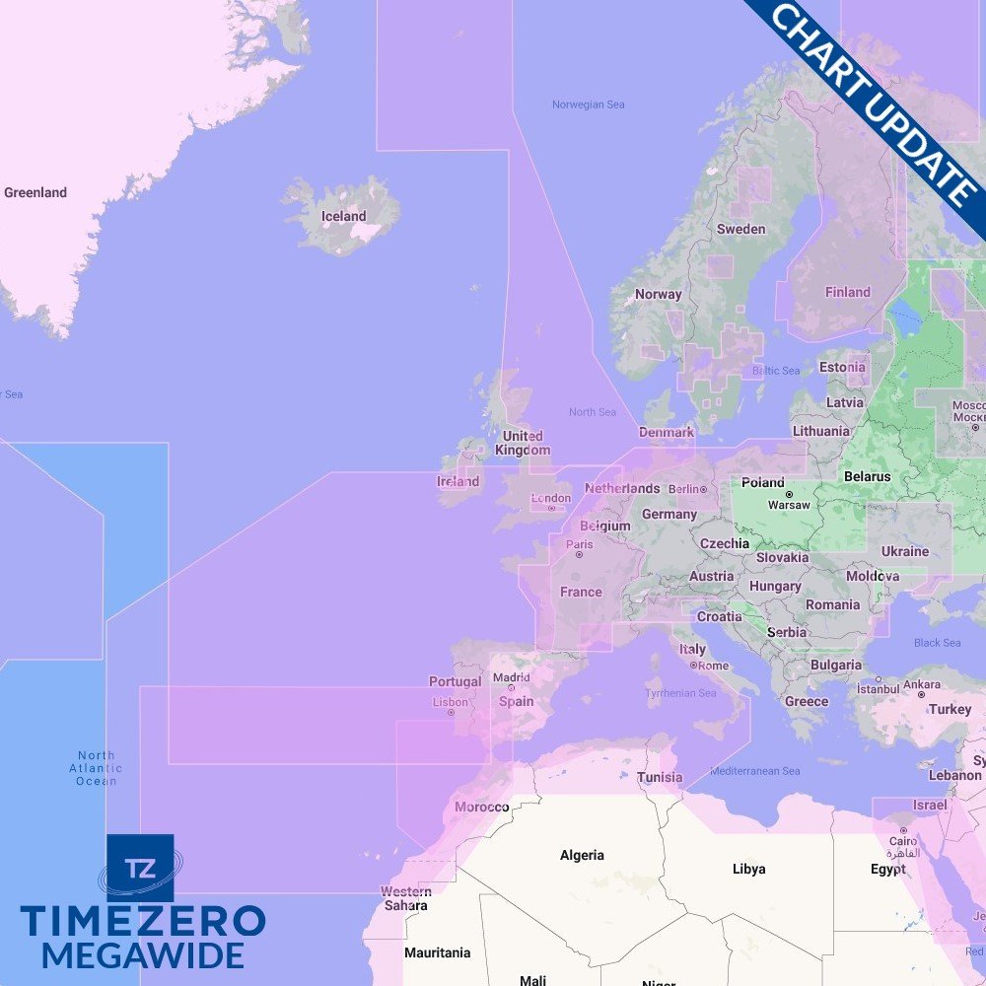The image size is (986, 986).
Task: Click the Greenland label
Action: (x=35, y=192)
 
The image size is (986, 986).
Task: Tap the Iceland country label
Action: (x=343, y=216)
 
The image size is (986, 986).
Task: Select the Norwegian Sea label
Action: (x=588, y=105)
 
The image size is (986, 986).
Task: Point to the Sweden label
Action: (x=740, y=229)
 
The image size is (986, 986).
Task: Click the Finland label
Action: (x=848, y=292)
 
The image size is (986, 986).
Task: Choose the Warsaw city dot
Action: (x=789, y=493)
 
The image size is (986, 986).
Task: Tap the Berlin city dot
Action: (x=704, y=489)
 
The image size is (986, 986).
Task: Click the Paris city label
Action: (x=580, y=544)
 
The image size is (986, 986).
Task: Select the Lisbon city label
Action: (x=451, y=702)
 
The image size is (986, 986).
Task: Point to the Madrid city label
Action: (x=512, y=678)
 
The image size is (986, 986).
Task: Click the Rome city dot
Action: (x=694, y=665)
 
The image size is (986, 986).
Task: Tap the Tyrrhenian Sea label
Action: (x=680, y=693)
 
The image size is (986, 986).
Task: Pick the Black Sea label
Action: (x=937, y=643)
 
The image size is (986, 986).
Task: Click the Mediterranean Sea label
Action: (x=755, y=771)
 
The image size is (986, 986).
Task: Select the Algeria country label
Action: (x=582, y=855)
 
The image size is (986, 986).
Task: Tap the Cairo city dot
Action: (x=903, y=830)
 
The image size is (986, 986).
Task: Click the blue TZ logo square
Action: (x=140, y=868)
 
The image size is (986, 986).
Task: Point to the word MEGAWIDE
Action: (x=143, y=955)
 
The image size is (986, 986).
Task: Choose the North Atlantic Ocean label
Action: (x=97, y=768)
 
